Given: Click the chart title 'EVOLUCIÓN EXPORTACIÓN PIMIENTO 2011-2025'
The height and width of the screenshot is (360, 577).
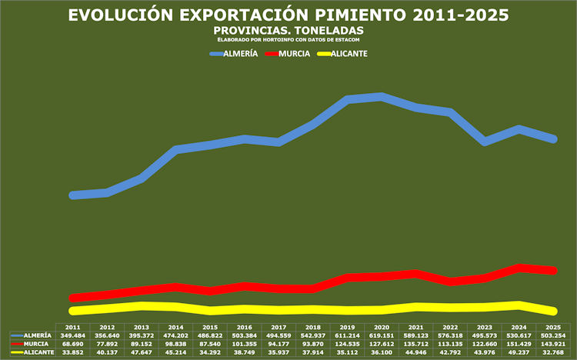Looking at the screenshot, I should (x=288, y=15).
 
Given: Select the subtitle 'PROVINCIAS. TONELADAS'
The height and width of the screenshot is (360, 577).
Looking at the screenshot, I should (x=288, y=29).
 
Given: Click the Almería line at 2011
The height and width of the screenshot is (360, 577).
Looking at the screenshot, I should (x=73, y=195).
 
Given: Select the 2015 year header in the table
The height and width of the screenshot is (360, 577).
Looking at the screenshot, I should (x=209, y=328).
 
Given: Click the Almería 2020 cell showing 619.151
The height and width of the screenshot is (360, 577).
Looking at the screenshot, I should (x=382, y=335).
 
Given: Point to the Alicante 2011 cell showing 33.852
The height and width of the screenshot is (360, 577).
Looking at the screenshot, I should (x=72, y=352).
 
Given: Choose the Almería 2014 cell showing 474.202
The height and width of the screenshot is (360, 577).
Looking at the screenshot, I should (x=175, y=335).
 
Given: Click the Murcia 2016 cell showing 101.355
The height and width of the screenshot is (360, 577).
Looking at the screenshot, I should (x=244, y=344).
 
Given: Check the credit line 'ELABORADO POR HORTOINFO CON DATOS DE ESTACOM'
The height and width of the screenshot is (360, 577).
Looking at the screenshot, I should (x=288, y=38).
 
